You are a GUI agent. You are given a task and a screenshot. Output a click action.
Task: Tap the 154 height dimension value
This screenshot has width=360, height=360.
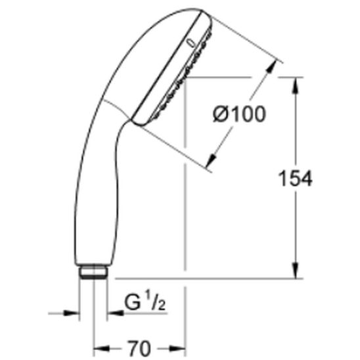click(x=295, y=179)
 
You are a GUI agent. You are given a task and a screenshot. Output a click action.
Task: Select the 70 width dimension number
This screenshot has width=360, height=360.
click(x=139, y=349)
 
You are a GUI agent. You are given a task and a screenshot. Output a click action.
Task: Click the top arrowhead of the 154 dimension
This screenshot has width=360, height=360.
click(x=296, y=85)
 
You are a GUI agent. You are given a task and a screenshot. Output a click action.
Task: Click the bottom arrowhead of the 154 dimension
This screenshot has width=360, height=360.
click(x=296, y=271)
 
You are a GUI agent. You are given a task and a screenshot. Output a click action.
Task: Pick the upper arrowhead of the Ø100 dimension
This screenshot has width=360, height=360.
click(x=271, y=66)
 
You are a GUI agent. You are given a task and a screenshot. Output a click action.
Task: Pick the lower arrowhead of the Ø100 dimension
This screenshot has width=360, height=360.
click(x=212, y=160)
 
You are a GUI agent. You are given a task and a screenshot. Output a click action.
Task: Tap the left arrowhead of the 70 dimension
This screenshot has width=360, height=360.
click(x=102, y=349)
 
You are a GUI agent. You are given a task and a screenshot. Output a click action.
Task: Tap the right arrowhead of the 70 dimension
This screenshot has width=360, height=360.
click(x=177, y=349)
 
